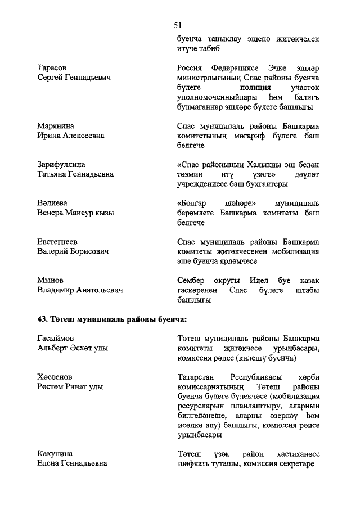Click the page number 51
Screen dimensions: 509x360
tap(179, 25)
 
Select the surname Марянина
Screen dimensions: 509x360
tap(56, 125)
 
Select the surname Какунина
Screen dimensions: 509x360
tap(55, 453)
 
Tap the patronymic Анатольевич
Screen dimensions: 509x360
tap(94, 290)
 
